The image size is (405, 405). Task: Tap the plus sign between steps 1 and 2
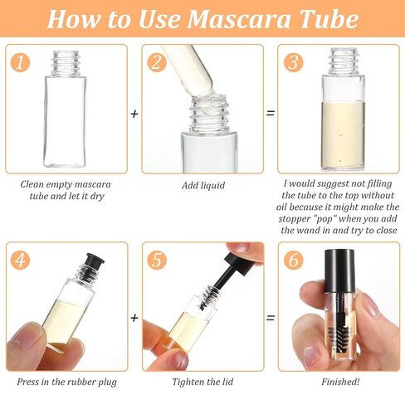tap(134, 113)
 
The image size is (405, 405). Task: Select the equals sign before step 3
tap(270, 113)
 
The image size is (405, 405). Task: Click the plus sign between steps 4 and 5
tap(134, 317)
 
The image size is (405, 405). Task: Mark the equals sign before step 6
tap(270, 317)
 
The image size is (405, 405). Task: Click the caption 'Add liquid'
tap(202, 185)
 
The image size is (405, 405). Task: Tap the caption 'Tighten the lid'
tap(202, 382)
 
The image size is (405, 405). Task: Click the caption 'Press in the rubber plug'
tap(66, 382)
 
